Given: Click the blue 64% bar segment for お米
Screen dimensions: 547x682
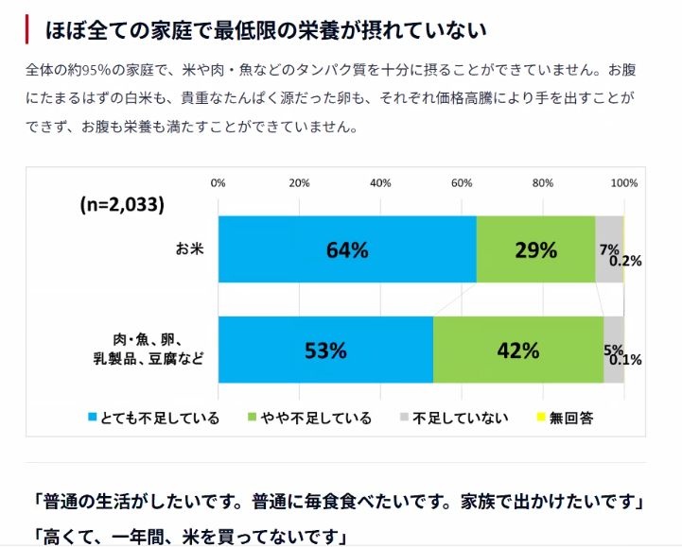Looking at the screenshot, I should coord(346,249).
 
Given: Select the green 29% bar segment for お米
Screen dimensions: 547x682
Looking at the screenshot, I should coord(535,249).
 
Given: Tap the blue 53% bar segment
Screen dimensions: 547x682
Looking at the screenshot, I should coord(324,350).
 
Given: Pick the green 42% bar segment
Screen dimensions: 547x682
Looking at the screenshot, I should coord(517,350).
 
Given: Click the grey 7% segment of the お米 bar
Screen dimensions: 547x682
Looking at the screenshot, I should coord(609,236).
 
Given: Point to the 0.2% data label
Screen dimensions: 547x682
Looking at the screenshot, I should coord(625,262).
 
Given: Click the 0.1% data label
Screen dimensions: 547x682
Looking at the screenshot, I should coord(625,360).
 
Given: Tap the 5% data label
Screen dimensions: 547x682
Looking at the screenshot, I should coord(613,349).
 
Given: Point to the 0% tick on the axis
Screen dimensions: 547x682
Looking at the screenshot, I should coord(218,182).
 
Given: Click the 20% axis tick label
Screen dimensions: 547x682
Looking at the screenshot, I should coord(299,182).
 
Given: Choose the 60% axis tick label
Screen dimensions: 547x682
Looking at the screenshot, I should coord(461,182).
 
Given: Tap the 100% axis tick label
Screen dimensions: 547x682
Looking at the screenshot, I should coord(624,182).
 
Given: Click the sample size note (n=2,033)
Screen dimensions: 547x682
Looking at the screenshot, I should coord(122,204).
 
